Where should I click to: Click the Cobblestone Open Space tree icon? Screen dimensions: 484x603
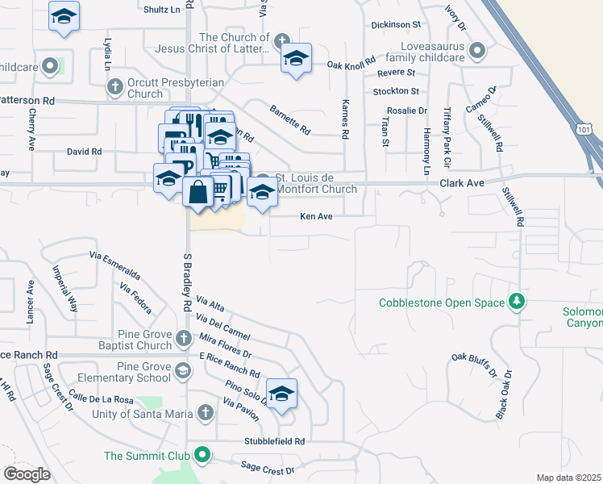click(x=517, y=302)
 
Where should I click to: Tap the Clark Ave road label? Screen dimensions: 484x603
click(x=461, y=183)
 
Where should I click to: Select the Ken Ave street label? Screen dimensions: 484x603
click(x=316, y=216)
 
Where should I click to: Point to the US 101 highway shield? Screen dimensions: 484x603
click(x=585, y=129)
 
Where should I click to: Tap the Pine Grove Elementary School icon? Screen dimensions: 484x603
click(x=184, y=370)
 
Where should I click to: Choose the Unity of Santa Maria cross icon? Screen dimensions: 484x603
click(x=205, y=413)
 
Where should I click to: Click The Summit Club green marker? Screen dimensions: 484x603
click(x=202, y=456)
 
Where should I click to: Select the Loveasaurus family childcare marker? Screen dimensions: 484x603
click(x=477, y=52)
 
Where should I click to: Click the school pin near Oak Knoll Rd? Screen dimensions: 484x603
click(x=296, y=58)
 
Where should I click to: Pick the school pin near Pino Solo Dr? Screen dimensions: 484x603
click(x=281, y=394)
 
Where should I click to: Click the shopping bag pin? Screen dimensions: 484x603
click(x=198, y=193)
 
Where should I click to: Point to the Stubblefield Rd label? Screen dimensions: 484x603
click(x=276, y=441)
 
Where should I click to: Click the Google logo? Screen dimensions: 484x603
click(x=27, y=474)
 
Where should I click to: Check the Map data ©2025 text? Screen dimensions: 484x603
click(x=569, y=478)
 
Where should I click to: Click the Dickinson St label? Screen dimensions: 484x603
click(x=396, y=26)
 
